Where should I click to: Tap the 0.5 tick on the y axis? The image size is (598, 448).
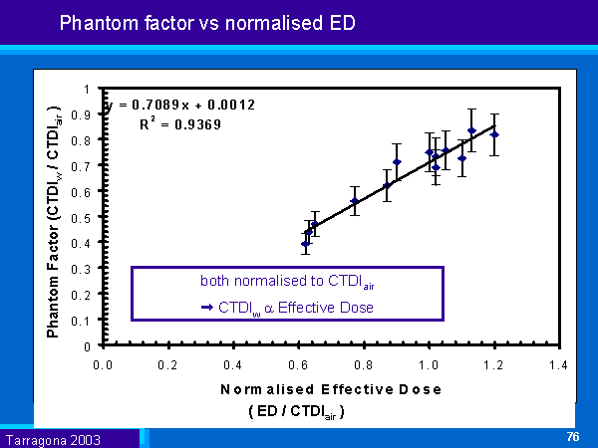(90, 217)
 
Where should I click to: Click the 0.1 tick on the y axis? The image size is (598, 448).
(90, 321)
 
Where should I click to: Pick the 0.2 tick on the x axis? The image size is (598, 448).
(168, 365)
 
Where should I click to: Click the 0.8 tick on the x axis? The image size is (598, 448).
(364, 365)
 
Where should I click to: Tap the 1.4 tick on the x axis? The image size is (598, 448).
(558, 365)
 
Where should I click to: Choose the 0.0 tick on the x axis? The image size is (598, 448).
(104, 365)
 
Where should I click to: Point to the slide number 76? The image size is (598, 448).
(572, 436)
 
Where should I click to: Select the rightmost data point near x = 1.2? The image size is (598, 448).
(494, 134)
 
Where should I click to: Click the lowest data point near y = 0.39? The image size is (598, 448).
(306, 243)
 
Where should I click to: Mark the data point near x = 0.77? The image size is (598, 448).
(354, 201)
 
